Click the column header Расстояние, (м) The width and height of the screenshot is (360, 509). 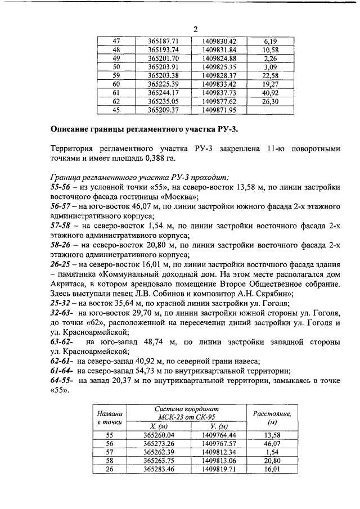(272, 417)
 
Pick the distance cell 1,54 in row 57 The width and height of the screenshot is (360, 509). (272, 452)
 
